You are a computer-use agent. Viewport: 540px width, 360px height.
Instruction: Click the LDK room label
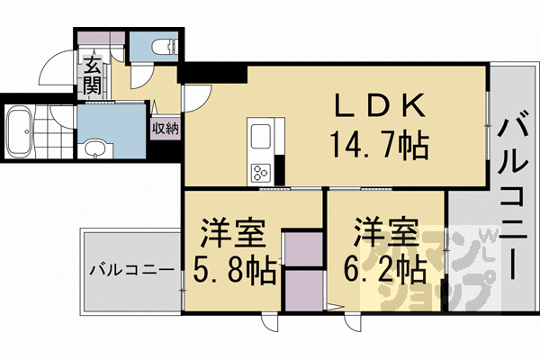point(379,105)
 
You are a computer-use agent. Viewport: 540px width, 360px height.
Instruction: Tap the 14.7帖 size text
point(379,146)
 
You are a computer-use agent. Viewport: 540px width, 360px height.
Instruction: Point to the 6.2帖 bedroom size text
point(385,270)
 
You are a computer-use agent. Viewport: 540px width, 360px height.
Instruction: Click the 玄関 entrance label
point(92,75)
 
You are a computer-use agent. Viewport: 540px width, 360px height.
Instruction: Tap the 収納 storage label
point(166,129)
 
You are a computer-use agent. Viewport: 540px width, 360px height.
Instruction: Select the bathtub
point(19,131)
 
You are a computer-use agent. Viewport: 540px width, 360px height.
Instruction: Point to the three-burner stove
point(261,173)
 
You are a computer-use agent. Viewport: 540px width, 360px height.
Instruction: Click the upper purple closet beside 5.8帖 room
point(303,249)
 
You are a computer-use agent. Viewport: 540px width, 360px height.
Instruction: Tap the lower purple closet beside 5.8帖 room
point(303,291)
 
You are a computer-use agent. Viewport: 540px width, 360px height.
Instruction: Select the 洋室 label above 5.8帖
point(233,232)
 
